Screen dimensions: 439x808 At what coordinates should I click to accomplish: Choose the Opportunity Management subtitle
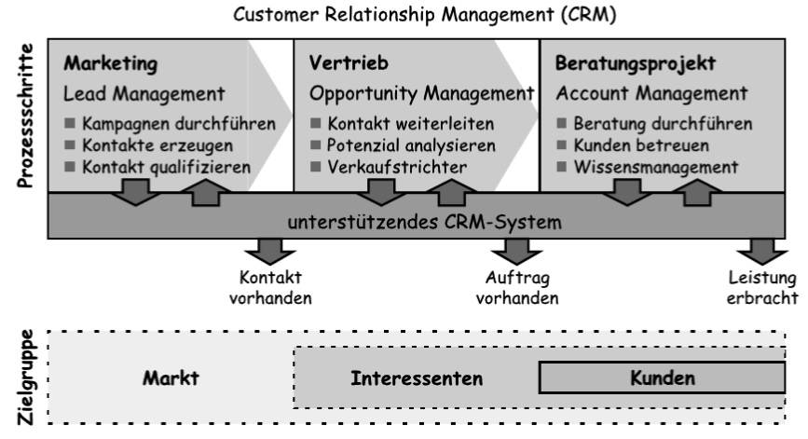tap(420, 94)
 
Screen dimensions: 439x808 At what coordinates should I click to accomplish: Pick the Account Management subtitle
tap(651, 94)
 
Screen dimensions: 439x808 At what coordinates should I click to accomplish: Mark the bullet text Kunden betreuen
tap(634, 146)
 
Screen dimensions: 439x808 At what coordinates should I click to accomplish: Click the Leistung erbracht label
tap(763, 289)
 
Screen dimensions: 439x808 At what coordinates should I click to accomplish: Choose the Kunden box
tap(662, 377)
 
